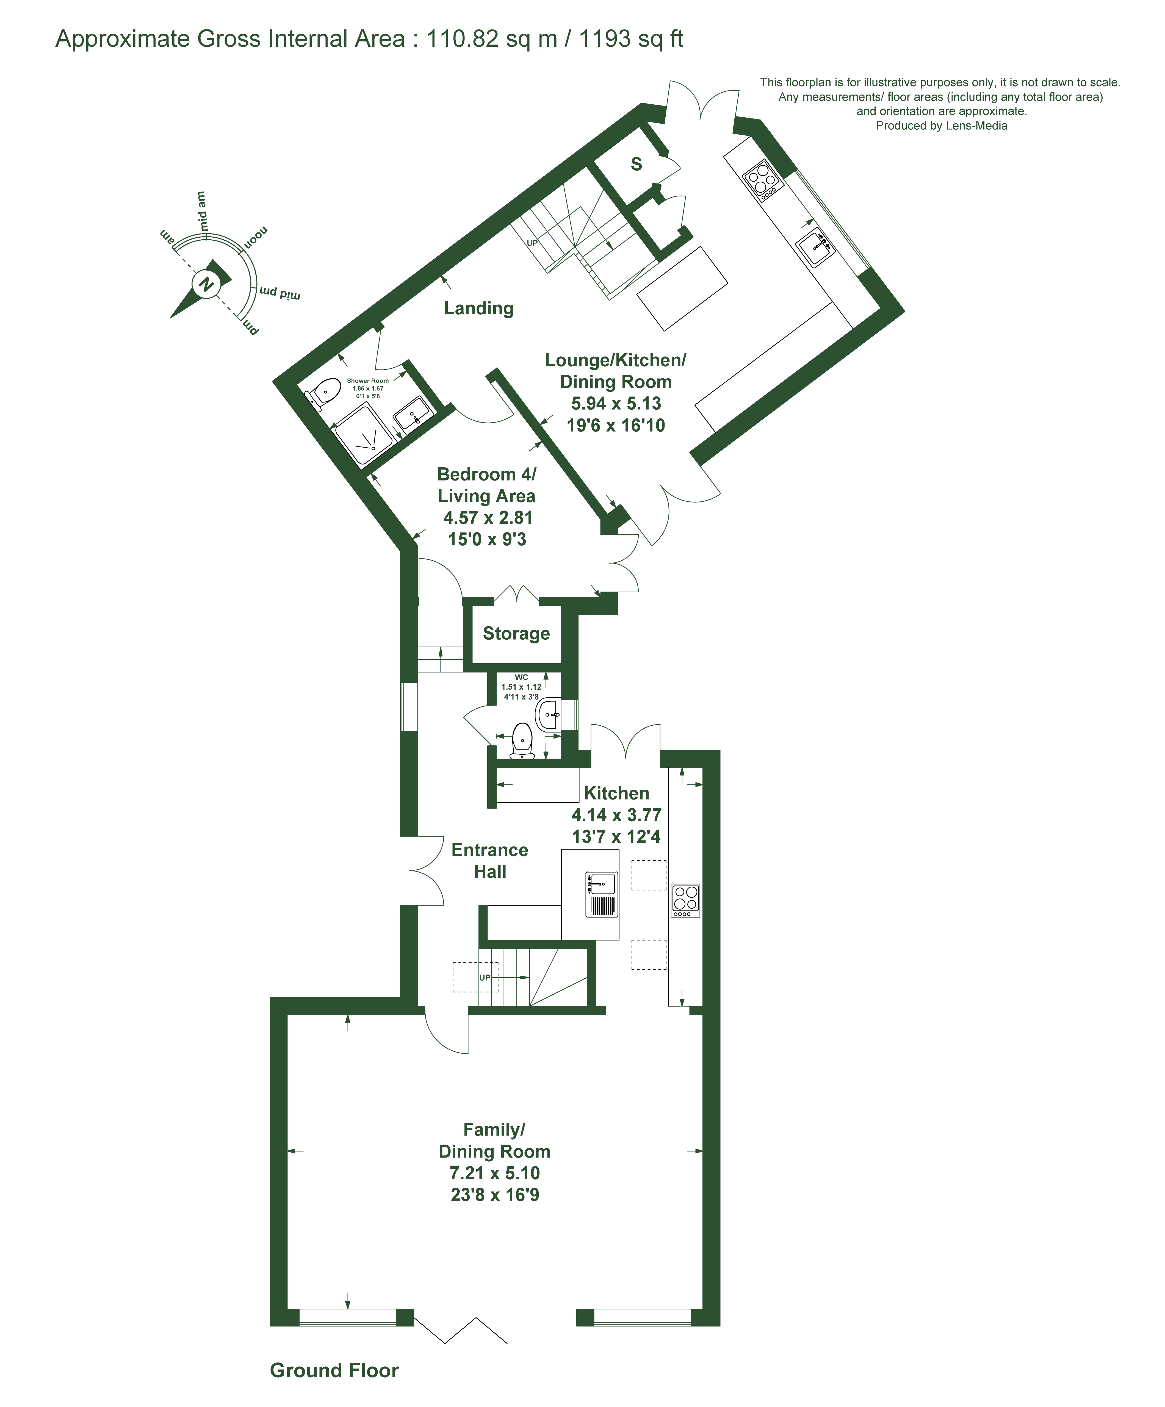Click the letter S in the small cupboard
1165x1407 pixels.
click(636, 163)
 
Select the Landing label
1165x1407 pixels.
click(478, 308)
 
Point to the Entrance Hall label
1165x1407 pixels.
click(490, 861)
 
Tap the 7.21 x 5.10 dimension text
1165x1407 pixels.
click(495, 1173)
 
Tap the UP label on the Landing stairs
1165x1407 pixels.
click(532, 243)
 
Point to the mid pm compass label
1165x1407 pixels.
click(280, 293)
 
